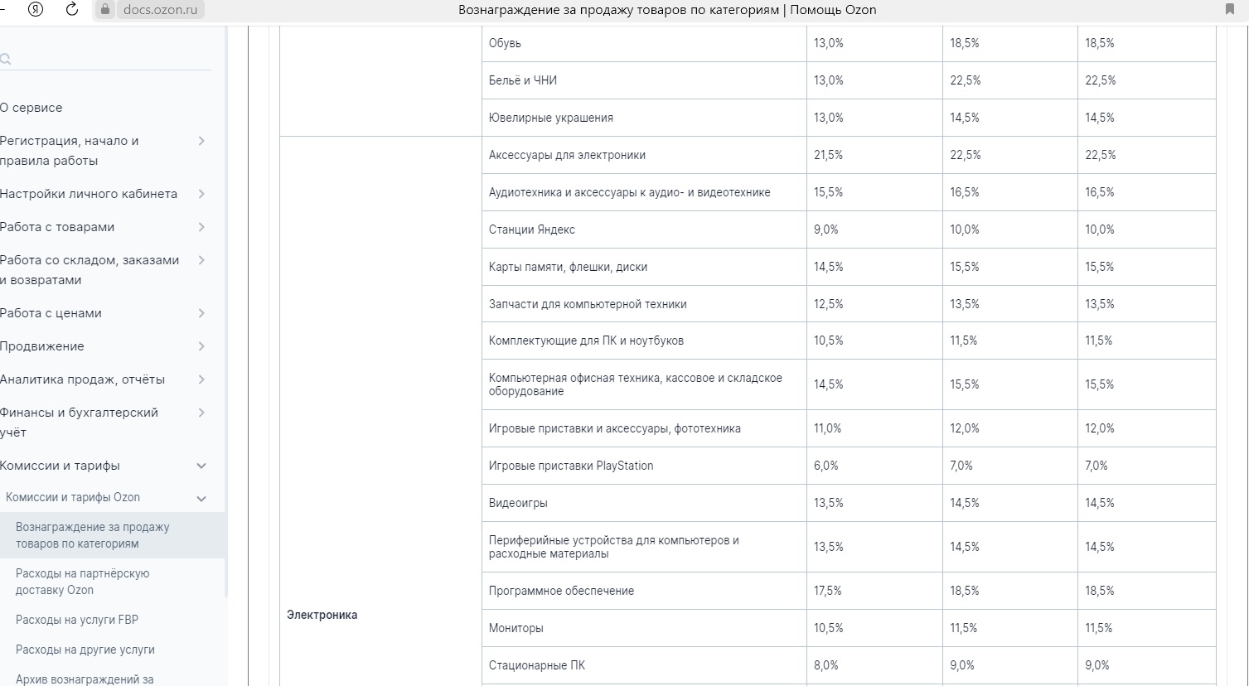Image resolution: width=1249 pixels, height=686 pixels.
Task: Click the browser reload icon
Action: tap(72, 9)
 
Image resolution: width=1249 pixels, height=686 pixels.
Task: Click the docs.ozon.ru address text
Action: tap(160, 9)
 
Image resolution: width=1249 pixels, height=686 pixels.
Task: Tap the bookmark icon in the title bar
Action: tap(1229, 9)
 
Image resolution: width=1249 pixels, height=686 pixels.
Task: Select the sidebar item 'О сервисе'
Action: tap(31, 108)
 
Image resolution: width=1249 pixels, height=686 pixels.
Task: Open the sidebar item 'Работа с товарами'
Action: tap(57, 227)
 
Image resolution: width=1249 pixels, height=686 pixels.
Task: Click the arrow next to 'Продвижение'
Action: tap(201, 346)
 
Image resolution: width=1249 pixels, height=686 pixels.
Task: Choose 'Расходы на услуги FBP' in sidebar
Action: tap(77, 620)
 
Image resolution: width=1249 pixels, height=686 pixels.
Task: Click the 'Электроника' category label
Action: tap(322, 615)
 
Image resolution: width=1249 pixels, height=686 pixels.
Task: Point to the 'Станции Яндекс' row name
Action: tap(531, 229)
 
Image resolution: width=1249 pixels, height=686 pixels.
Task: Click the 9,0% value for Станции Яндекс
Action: tap(825, 229)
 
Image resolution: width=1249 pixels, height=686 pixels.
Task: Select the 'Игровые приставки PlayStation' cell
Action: tap(571, 466)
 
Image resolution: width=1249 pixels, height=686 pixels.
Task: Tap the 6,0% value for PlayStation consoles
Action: tap(825, 466)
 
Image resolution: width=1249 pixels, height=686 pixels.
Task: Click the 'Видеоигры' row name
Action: tap(518, 503)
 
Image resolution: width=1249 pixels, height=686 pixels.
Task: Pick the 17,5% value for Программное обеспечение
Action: tap(827, 591)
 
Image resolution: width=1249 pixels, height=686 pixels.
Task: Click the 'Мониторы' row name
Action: tap(516, 628)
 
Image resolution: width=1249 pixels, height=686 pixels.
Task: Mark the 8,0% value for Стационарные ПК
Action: tap(825, 665)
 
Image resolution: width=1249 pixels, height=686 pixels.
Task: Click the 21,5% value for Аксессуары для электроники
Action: tap(828, 155)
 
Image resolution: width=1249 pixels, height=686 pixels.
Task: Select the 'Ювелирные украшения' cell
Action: tap(551, 118)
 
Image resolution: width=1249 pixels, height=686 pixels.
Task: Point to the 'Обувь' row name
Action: tap(505, 43)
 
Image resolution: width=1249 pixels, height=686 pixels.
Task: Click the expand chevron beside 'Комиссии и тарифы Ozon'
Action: tap(201, 499)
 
